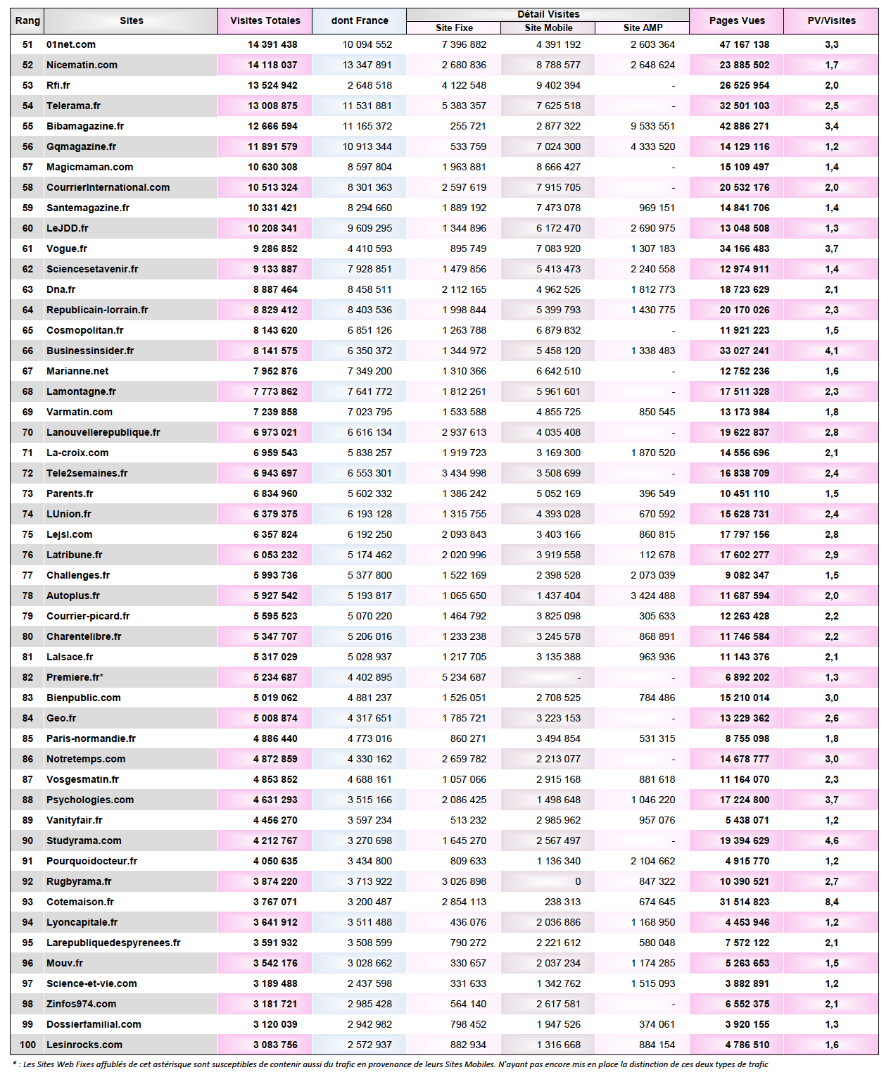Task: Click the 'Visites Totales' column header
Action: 265,20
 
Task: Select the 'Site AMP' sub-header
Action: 643,27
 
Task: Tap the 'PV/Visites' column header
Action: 831,20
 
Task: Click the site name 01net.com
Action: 71,44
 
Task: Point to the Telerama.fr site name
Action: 73,106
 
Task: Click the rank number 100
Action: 27,1045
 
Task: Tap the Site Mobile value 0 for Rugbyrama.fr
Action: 578,881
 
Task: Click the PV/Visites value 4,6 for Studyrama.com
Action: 831,840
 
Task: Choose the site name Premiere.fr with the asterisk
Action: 75,677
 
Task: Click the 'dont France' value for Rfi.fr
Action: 369,85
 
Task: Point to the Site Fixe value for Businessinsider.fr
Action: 464,351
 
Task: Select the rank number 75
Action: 27,534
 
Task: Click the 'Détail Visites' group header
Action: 548,14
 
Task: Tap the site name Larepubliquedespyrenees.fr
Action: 113,943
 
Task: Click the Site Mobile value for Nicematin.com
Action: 558,65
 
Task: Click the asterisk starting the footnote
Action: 15,1064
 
